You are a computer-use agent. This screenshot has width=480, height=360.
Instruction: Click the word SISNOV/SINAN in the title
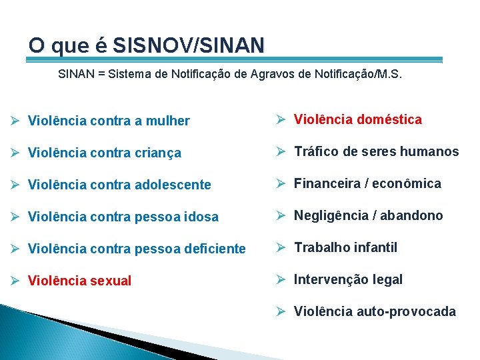pos(189,45)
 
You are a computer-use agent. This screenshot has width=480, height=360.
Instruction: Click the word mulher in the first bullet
pos(169,121)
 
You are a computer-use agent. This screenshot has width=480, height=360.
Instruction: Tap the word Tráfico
pos(316,151)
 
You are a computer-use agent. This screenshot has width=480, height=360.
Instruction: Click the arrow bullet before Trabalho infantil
pos(282,247)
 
